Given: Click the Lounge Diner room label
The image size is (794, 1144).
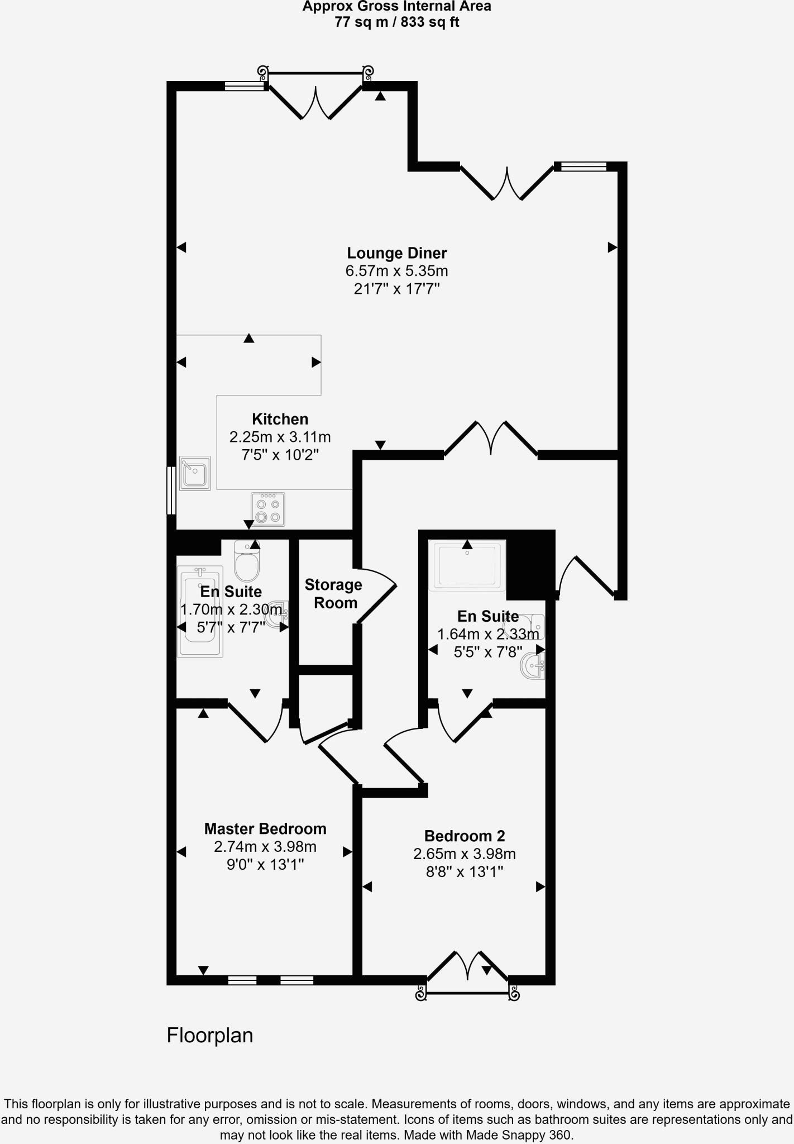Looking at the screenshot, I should [x=396, y=254].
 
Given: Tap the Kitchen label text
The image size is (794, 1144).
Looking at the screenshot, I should [x=280, y=419].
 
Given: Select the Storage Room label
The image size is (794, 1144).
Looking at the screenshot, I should [x=334, y=594].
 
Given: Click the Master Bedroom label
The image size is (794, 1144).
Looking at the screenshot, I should [x=265, y=829].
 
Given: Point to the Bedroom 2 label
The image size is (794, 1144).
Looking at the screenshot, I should [x=465, y=836].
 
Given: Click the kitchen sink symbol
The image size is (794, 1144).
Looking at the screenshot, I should [x=195, y=473].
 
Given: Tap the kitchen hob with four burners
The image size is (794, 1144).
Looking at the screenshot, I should [x=268, y=509].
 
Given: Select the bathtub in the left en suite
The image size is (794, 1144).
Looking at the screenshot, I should [x=200, y=612].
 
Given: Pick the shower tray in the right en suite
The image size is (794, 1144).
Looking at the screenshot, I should [x=467, y=565].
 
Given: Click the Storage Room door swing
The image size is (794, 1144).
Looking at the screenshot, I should [x=377, y=595].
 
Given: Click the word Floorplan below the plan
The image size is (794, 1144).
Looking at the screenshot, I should [x=210, y=1035].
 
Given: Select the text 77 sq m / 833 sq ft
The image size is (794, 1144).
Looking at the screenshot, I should [x=396, y=22].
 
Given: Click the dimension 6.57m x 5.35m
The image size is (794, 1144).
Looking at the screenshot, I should [x=396, y=271].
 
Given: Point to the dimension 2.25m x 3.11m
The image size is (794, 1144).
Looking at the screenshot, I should [x=280, y=437].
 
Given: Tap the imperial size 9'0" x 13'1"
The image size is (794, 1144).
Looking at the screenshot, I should [x=265, y=865].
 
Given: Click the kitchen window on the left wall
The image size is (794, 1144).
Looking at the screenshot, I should [x=171, y=490].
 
